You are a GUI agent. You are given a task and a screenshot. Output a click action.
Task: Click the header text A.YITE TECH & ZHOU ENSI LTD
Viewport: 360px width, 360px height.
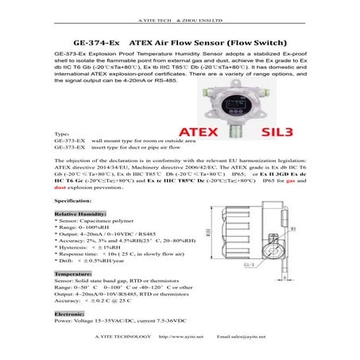point(180,6)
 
